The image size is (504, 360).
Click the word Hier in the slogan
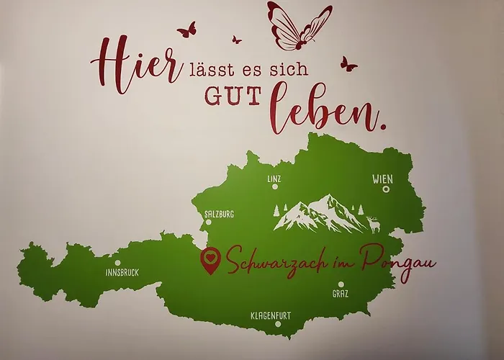click(136, 66)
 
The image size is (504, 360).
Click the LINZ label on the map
click(273, 177)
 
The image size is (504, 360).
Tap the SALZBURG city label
click(219, 214)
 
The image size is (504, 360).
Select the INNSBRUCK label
click(122, 272)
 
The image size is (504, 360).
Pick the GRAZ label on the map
click(341, 294)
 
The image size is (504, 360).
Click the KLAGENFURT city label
click(271, 315)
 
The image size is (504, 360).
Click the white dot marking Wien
click(386, 189)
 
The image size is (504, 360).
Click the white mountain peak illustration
click(320, 214)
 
